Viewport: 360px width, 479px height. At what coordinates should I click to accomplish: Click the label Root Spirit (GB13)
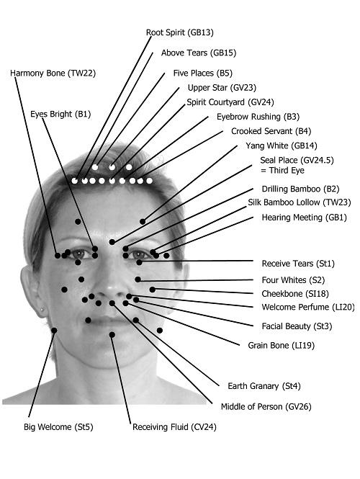pyautogui.click(x=179, y=32)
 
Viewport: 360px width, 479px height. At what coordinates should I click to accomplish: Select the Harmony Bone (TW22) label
pyautogui.click(x=53, y=73)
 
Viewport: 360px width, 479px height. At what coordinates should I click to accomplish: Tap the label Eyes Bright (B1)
pyautogui.click(x=60, y=115)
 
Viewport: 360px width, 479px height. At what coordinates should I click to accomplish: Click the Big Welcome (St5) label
pyautogui.click(x=58, y=426)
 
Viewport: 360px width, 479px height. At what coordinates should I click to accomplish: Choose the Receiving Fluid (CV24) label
pyautogui.click(x=174, y=426)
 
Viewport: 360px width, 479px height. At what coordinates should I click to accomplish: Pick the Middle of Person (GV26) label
pyautogui.click(x=266, y=406)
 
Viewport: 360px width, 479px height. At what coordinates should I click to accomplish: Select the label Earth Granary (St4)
pyautogui.click(x=264, y=386)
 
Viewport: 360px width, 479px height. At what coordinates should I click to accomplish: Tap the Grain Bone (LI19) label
pyautogui.click(x=282, y=346)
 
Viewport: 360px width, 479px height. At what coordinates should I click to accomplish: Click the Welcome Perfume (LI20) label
pyautogui.click(x=308, y=307)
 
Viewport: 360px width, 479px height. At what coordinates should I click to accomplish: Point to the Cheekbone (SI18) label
pyautogui.click(x=295, y=294)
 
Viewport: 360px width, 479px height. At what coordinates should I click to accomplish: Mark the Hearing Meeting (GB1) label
pyautogui.click(x=305, y=218)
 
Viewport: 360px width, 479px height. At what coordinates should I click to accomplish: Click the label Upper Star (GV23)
pyautogui.click(x=222, y=88)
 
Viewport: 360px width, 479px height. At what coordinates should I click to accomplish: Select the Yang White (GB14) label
pyautogui.click(x=282, y=146)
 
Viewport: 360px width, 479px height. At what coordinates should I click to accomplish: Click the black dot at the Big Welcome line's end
pyautogui.click(x=54, y=331)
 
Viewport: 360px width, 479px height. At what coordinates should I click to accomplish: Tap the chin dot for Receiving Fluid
pyautogui.click(x=112, y=335)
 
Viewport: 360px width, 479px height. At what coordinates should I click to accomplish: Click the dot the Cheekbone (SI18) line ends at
pyautogui.click(x=153, y=290)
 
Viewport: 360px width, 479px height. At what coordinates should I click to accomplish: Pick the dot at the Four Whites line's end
pyautogui.click(x=138, y=279)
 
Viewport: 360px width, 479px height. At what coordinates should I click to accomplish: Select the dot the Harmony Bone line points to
pyautogui.click(x=58, y=256)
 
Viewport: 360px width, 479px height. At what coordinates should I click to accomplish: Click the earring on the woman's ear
pyautogui.click(x=42, y=309)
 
